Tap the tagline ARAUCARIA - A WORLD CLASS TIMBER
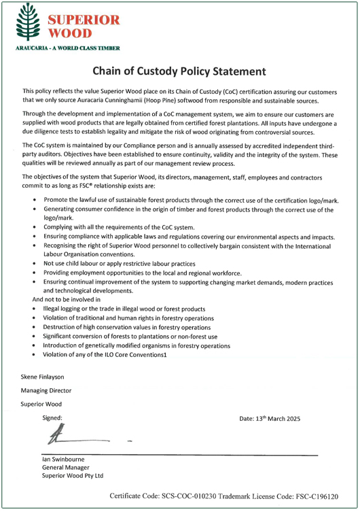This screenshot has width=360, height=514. [65, 49]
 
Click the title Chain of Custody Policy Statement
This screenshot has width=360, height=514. [180, 71]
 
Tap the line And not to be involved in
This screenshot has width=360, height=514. [67, 298]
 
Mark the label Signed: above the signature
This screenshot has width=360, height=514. [52, 417]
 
